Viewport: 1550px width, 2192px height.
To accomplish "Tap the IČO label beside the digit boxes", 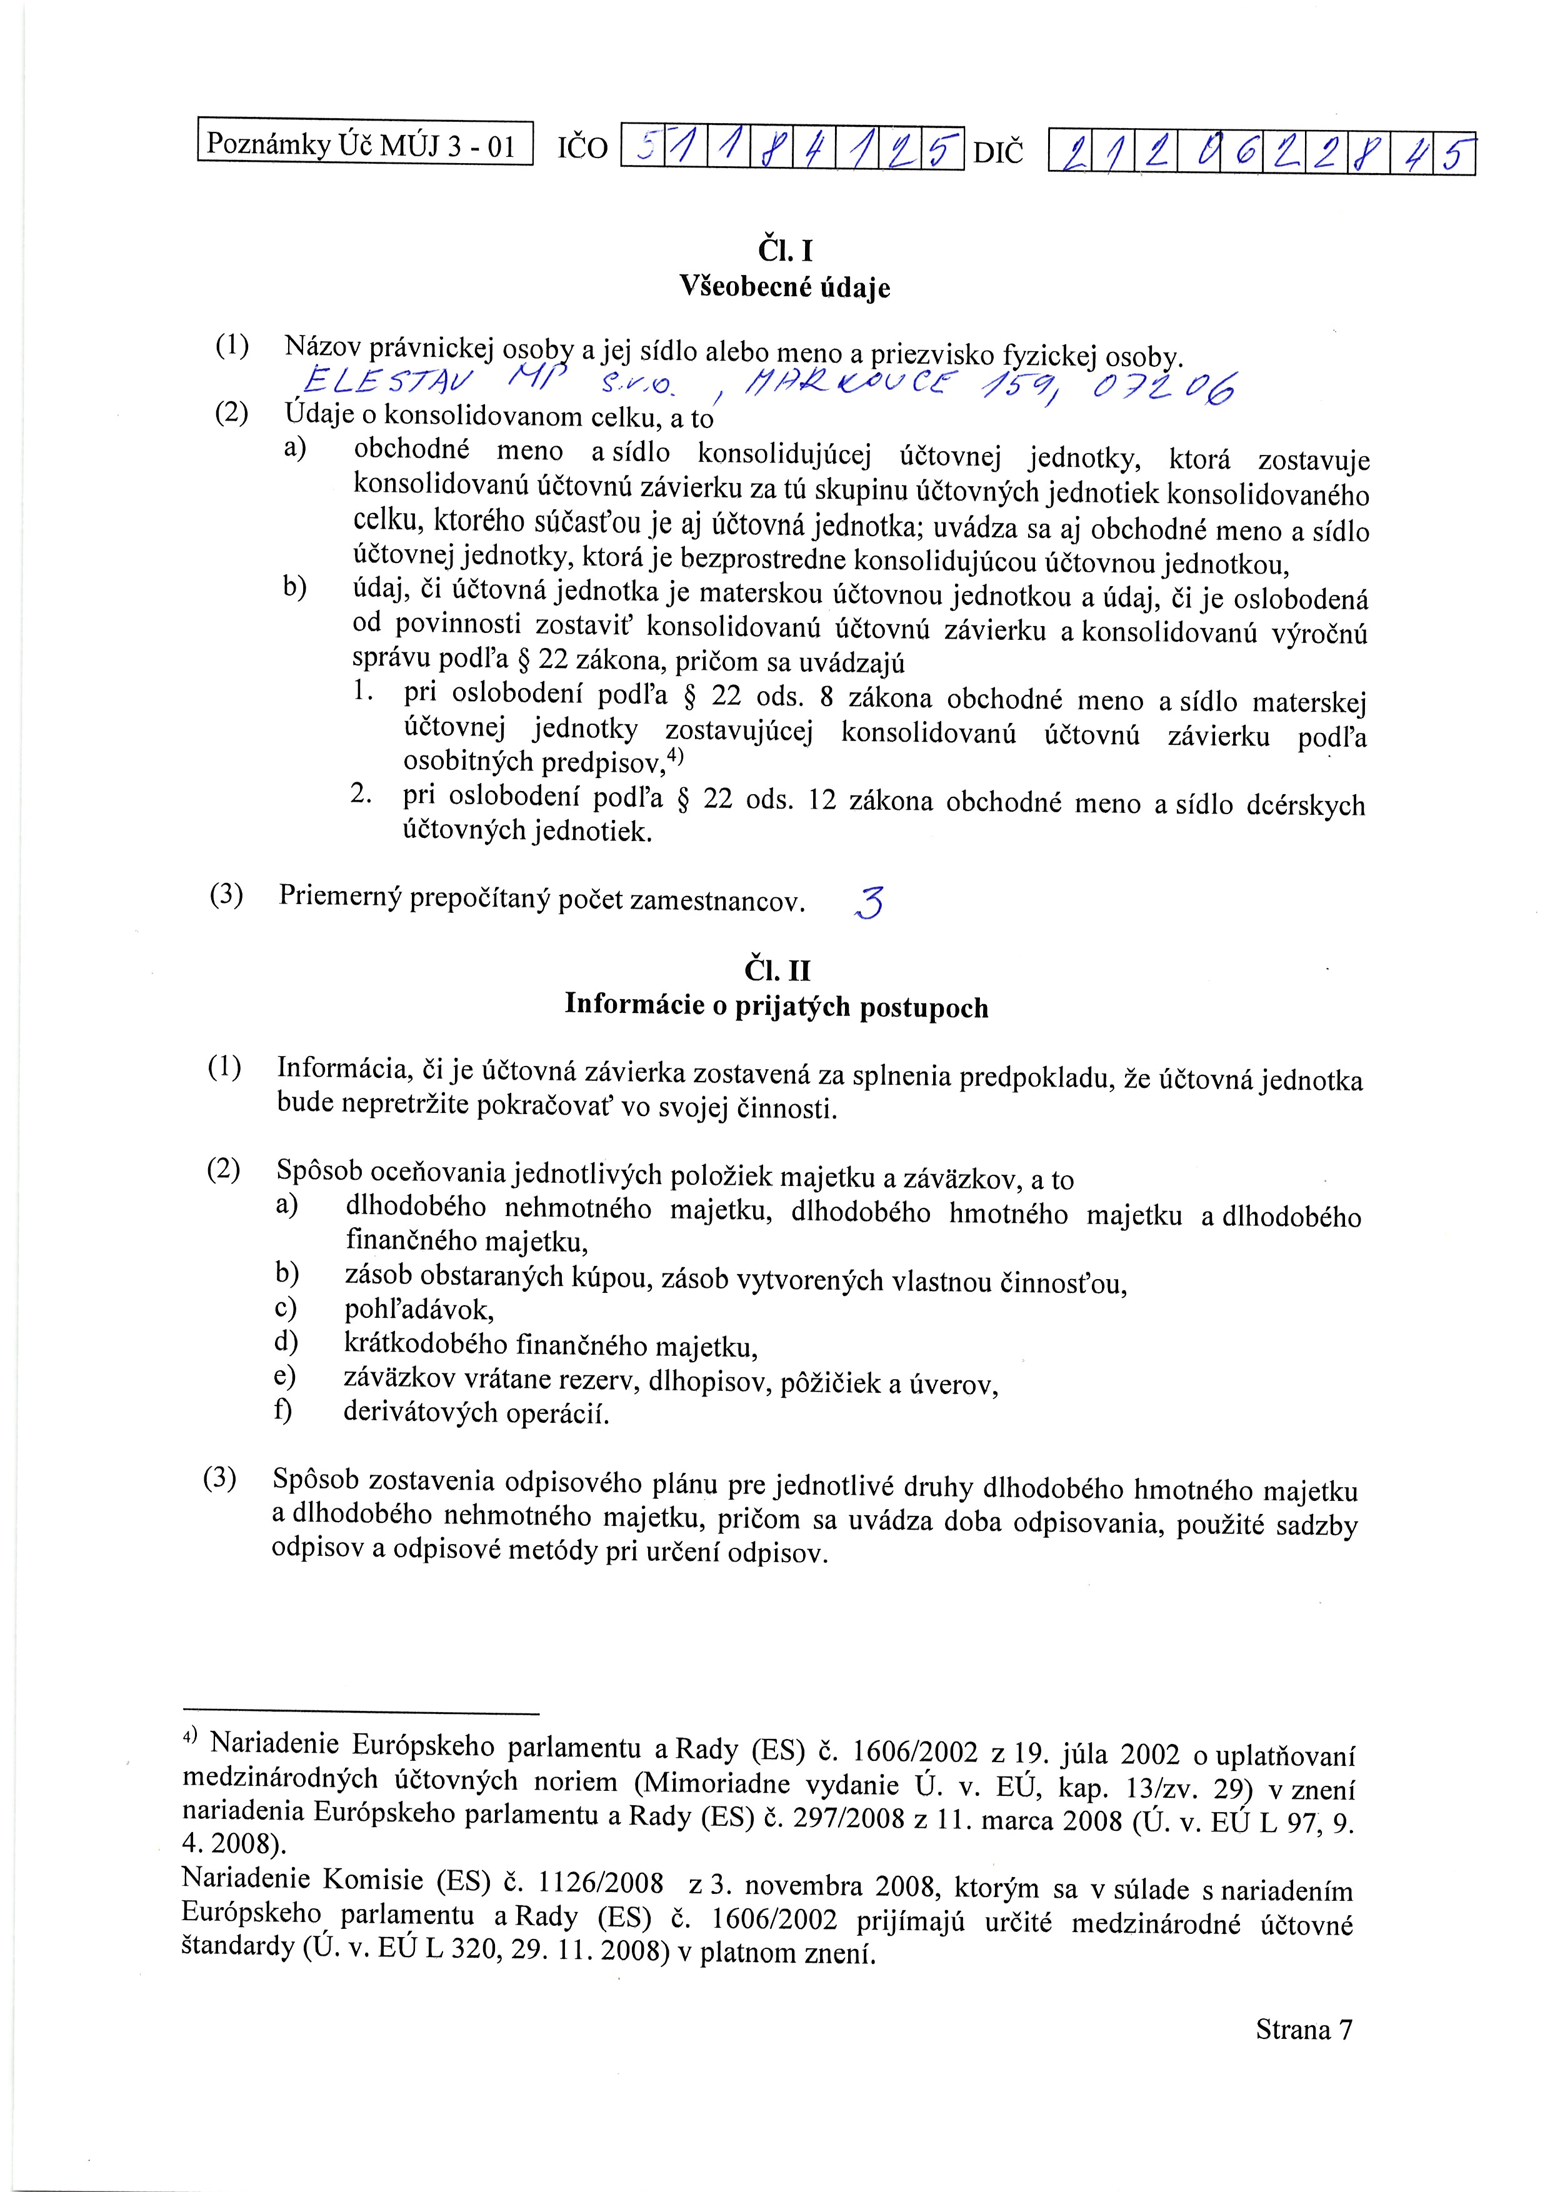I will click(582, 148).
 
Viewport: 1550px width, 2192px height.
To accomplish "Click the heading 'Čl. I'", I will click(785, 251).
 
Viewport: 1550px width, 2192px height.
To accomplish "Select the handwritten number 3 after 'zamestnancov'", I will click(869, 902).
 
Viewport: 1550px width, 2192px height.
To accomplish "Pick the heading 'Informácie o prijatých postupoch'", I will click(776, 1006).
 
